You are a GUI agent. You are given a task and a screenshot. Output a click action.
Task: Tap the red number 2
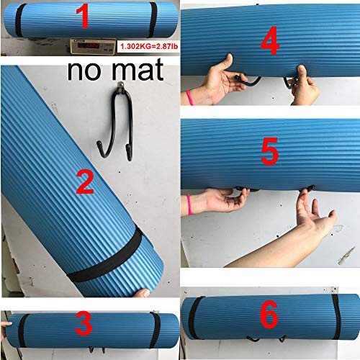tap(85, 181)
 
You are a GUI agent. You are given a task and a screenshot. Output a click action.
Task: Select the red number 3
tap(84, 325)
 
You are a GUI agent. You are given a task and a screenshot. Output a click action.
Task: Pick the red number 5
tap(270, 153)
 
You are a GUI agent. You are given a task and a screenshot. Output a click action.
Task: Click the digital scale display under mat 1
tap(89, 47)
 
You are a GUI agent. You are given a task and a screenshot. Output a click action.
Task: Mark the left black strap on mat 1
tap(21, 19)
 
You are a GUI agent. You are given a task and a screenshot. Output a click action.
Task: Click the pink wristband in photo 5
tap(189, 205)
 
